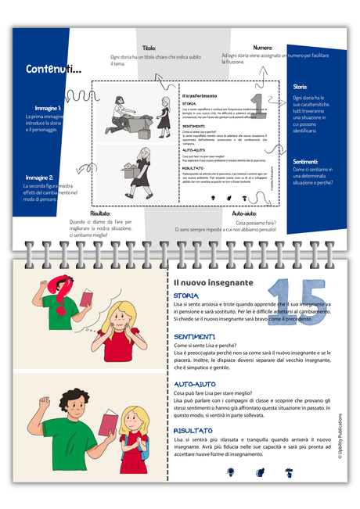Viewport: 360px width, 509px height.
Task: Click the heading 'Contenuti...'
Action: tap(54, 70)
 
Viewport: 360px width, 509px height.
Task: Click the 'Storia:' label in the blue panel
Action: tap(300, 88)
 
